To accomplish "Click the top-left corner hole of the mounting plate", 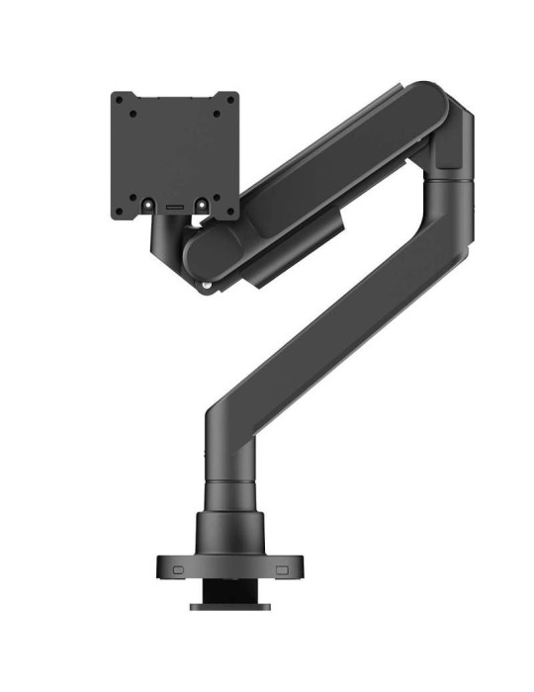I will pyautogui.click(x=118, y=100).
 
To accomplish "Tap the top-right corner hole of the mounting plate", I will pyautogui.click(x=231, y=100).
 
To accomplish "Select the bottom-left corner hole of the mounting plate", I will pyautogui.click(x=118, y=210).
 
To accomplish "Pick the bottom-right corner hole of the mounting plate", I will pyautogui.click(x=231, y=210).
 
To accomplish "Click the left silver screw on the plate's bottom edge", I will pyautogui.click(x=151, y=206).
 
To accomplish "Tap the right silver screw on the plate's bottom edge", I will pyautogui.click(x=199, y=206).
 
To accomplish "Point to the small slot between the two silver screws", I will pyautogui.click(x=175, y=207).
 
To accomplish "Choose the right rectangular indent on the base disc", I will pyautogui.click(x=282, y=570).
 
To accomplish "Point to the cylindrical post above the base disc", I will pyautogui.click(x=229, y=494).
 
